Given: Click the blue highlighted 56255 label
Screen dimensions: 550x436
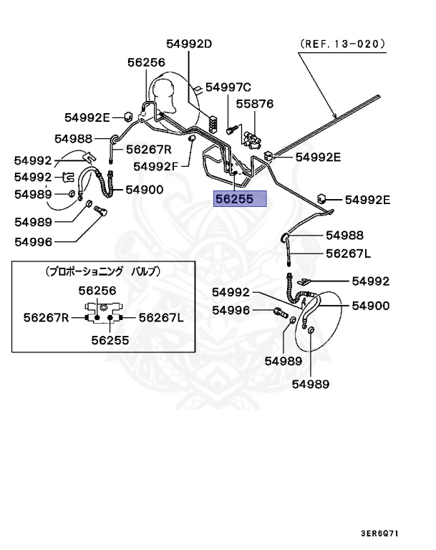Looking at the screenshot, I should coord(240,199).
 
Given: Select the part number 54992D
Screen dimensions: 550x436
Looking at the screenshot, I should coord(190,44).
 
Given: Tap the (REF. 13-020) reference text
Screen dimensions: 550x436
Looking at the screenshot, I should coord(342,43).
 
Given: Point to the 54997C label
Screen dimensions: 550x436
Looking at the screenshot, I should coord(228,87).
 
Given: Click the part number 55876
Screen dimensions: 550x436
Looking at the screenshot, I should coord(255,104).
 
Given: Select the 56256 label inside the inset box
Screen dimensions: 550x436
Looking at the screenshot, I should coord(97,290).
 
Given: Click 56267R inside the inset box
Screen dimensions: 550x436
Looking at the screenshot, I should coord(46,317).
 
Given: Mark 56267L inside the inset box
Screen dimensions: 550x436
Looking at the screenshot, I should coord(161,317).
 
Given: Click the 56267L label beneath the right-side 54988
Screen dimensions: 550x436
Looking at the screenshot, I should coord(349,253).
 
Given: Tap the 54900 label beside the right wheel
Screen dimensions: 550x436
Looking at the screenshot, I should coord(370,306).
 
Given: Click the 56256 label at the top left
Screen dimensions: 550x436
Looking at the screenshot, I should coord(146,63).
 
